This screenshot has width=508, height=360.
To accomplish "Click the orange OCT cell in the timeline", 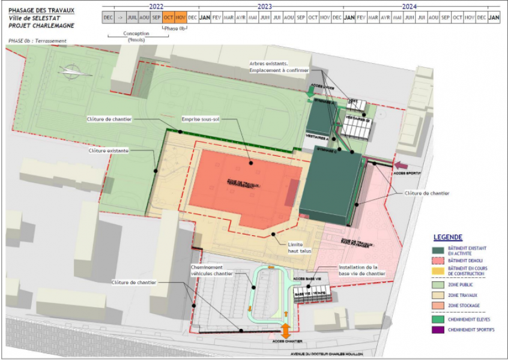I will tap(169, 17).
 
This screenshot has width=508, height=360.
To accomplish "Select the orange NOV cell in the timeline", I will tap(181, 17).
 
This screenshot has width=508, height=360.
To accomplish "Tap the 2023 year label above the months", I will tap(264, 6).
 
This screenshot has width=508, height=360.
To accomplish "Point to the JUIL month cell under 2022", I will tap(133, 17).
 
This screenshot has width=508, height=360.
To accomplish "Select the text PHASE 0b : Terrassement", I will tap(37, 41).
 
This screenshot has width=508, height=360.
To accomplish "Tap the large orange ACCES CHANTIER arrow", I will tap(286, 330).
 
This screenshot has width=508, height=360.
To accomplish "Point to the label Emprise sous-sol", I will tap(201, 119).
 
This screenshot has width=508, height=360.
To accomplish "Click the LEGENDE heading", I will tap(448, 236).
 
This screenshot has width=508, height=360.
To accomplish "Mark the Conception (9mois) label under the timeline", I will tap(137, 37).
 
